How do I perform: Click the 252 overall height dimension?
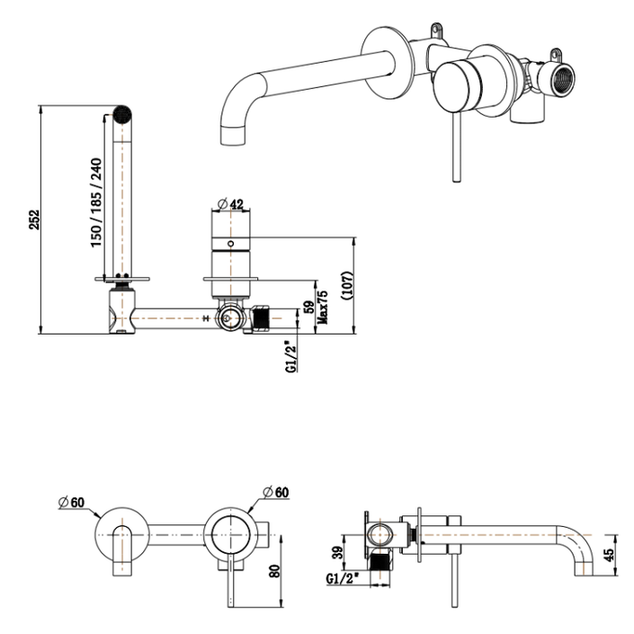(33, 220)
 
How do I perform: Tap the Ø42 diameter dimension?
(230, 203)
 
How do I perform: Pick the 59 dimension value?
(310, 308)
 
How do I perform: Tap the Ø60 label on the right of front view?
(275, 491)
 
